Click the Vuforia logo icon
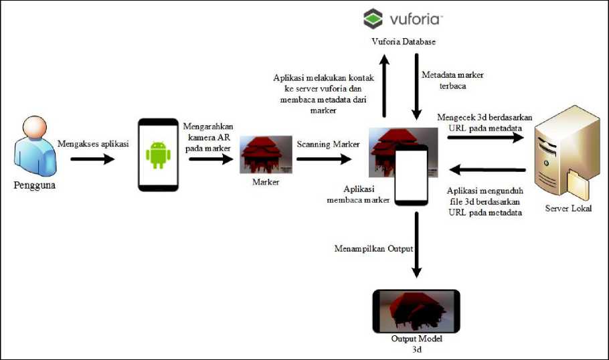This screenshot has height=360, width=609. pos(373,19)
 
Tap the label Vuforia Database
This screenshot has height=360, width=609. pos(404,42)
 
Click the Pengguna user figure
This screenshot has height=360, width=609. pos(33,149)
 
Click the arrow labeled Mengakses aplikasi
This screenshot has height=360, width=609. pos(92,159)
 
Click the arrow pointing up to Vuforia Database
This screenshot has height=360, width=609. pos(384,86)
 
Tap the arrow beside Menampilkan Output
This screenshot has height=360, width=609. pos(416,244)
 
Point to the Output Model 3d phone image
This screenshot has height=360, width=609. pos(416,310)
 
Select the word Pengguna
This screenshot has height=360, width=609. pos(35,185)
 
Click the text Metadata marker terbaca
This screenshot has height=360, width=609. pos(452,80)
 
